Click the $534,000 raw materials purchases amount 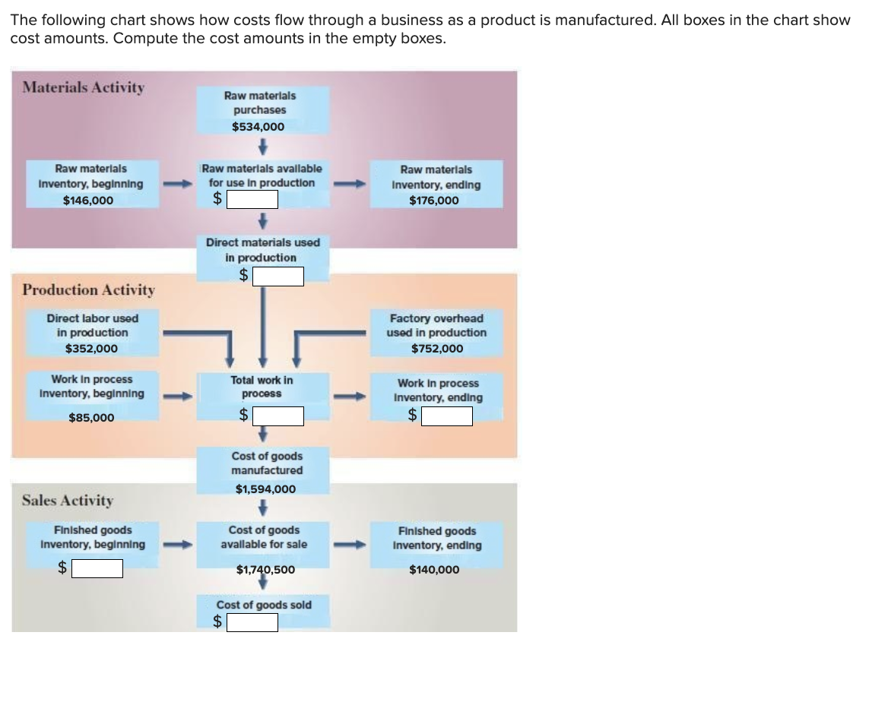(258, 127)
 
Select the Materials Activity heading (84, 87)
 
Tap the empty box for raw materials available (251, 200)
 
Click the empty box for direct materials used (278, 277)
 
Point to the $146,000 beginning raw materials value (88, 201)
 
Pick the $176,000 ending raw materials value (434, 201)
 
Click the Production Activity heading (89, 289)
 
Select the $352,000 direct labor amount (91, 349)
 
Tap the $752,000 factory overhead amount (436, 349)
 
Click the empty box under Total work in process (278, 416)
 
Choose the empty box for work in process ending (447, 416)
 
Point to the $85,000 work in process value (91, 418)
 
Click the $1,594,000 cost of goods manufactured (265, 489)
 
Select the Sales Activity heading (68, 501)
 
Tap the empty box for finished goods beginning (97, 568)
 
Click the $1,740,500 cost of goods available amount (265, 569)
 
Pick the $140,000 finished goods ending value (434, 570)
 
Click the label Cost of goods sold (264, 605)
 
